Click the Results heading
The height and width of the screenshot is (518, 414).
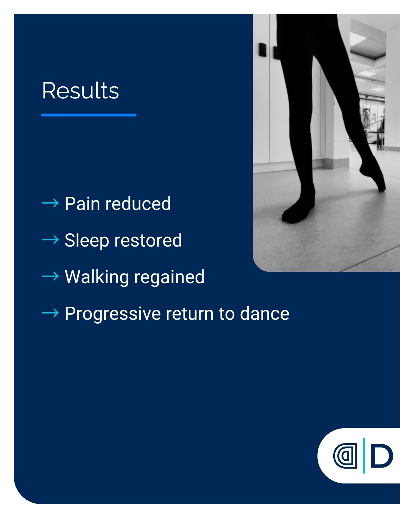80,90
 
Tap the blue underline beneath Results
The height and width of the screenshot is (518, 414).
89,115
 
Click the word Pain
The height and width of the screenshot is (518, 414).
82,204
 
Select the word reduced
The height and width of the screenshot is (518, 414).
138,204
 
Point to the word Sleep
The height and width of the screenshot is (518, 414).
87,240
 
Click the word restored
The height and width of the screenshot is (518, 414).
148,240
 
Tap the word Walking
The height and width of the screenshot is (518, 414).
97,277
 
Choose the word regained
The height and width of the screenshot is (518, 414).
169,277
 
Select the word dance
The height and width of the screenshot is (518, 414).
265,314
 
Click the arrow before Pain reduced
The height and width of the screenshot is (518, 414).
50,203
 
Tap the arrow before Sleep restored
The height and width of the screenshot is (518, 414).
50,240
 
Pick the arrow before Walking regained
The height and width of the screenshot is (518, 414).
50,276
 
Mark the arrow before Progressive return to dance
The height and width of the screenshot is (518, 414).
50,313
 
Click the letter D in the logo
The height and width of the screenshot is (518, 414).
382,456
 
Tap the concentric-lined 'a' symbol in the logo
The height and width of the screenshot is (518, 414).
345,456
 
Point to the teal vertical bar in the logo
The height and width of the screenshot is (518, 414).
364,456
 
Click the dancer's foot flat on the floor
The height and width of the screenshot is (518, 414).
299,211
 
